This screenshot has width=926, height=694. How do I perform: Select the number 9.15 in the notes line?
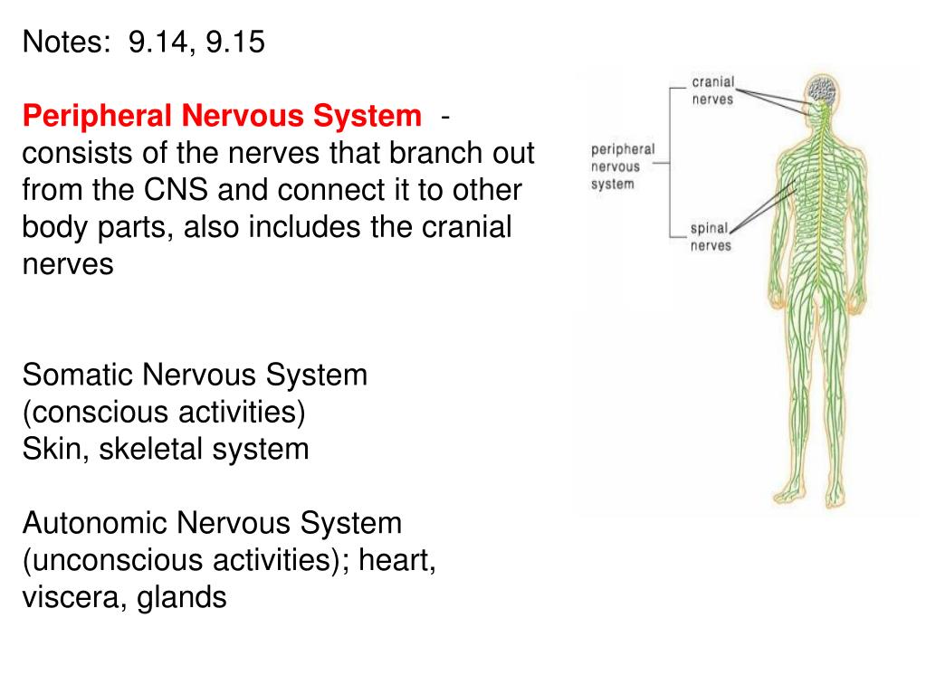235,42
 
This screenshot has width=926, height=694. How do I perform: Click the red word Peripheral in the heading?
97,116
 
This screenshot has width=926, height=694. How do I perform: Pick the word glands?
182,597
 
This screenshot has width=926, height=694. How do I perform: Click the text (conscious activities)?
164,412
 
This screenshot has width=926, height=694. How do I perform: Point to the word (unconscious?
112,560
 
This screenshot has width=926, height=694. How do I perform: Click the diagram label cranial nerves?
712,90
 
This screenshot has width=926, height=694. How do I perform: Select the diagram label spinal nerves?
711,237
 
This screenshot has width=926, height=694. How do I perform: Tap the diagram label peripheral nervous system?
623,166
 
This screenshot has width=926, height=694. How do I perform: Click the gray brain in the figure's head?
822,90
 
